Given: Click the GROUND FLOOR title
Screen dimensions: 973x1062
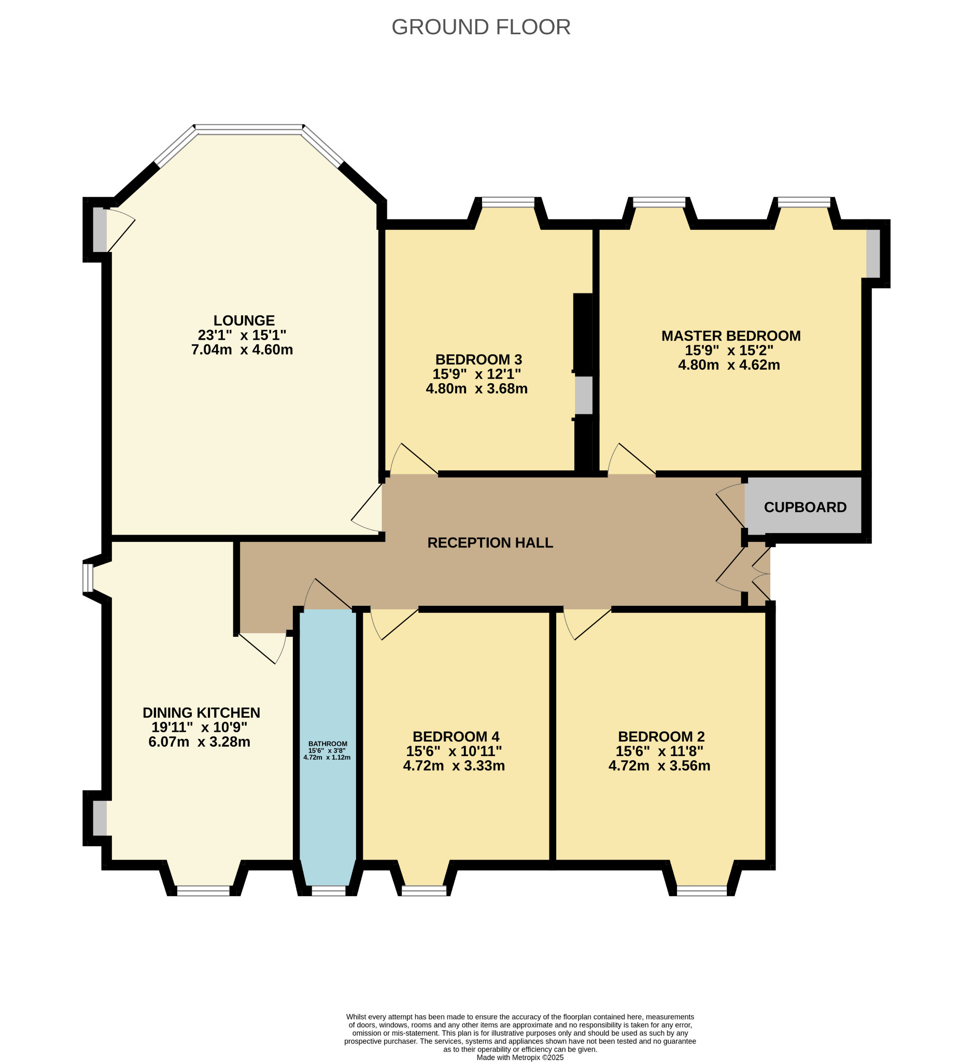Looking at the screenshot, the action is pyautogui.click(x=481, y=27).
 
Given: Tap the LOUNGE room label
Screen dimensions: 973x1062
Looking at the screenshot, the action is pyautogui.click(x=244, y=320).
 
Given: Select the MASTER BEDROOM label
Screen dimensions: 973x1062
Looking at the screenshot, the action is pyautogui.click(x=731, y=336).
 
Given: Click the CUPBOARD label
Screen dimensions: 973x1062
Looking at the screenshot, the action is pyautogui.click(x=805, y=507).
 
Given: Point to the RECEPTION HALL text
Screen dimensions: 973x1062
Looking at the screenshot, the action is pyautogui.click(x=490, y=542).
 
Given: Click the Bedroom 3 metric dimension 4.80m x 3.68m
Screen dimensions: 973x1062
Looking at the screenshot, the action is pyautogui.click(x=476, y=389).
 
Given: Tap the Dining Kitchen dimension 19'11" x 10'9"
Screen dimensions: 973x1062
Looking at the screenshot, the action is pyautogui.click(x=200, y=727).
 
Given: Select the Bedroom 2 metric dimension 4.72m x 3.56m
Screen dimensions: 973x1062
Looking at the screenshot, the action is pyautogui.click(x=659, y=765).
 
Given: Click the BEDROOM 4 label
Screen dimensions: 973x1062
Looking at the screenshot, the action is pyautogui.click(x=456, y=736).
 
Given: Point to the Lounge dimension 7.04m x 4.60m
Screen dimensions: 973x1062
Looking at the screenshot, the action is pyautogui.click(x=242, y=350).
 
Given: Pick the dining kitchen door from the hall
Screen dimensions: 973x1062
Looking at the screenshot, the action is pyautogui.click(x=262, y=648).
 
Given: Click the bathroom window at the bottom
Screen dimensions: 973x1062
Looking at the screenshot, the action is pyautogui.click(x=329, y=891).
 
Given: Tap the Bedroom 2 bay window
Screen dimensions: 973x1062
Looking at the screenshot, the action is pyautogui.click(x=701, y=891).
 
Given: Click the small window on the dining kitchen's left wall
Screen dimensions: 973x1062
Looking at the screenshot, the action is pyautogui.click(x=88, y=578).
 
